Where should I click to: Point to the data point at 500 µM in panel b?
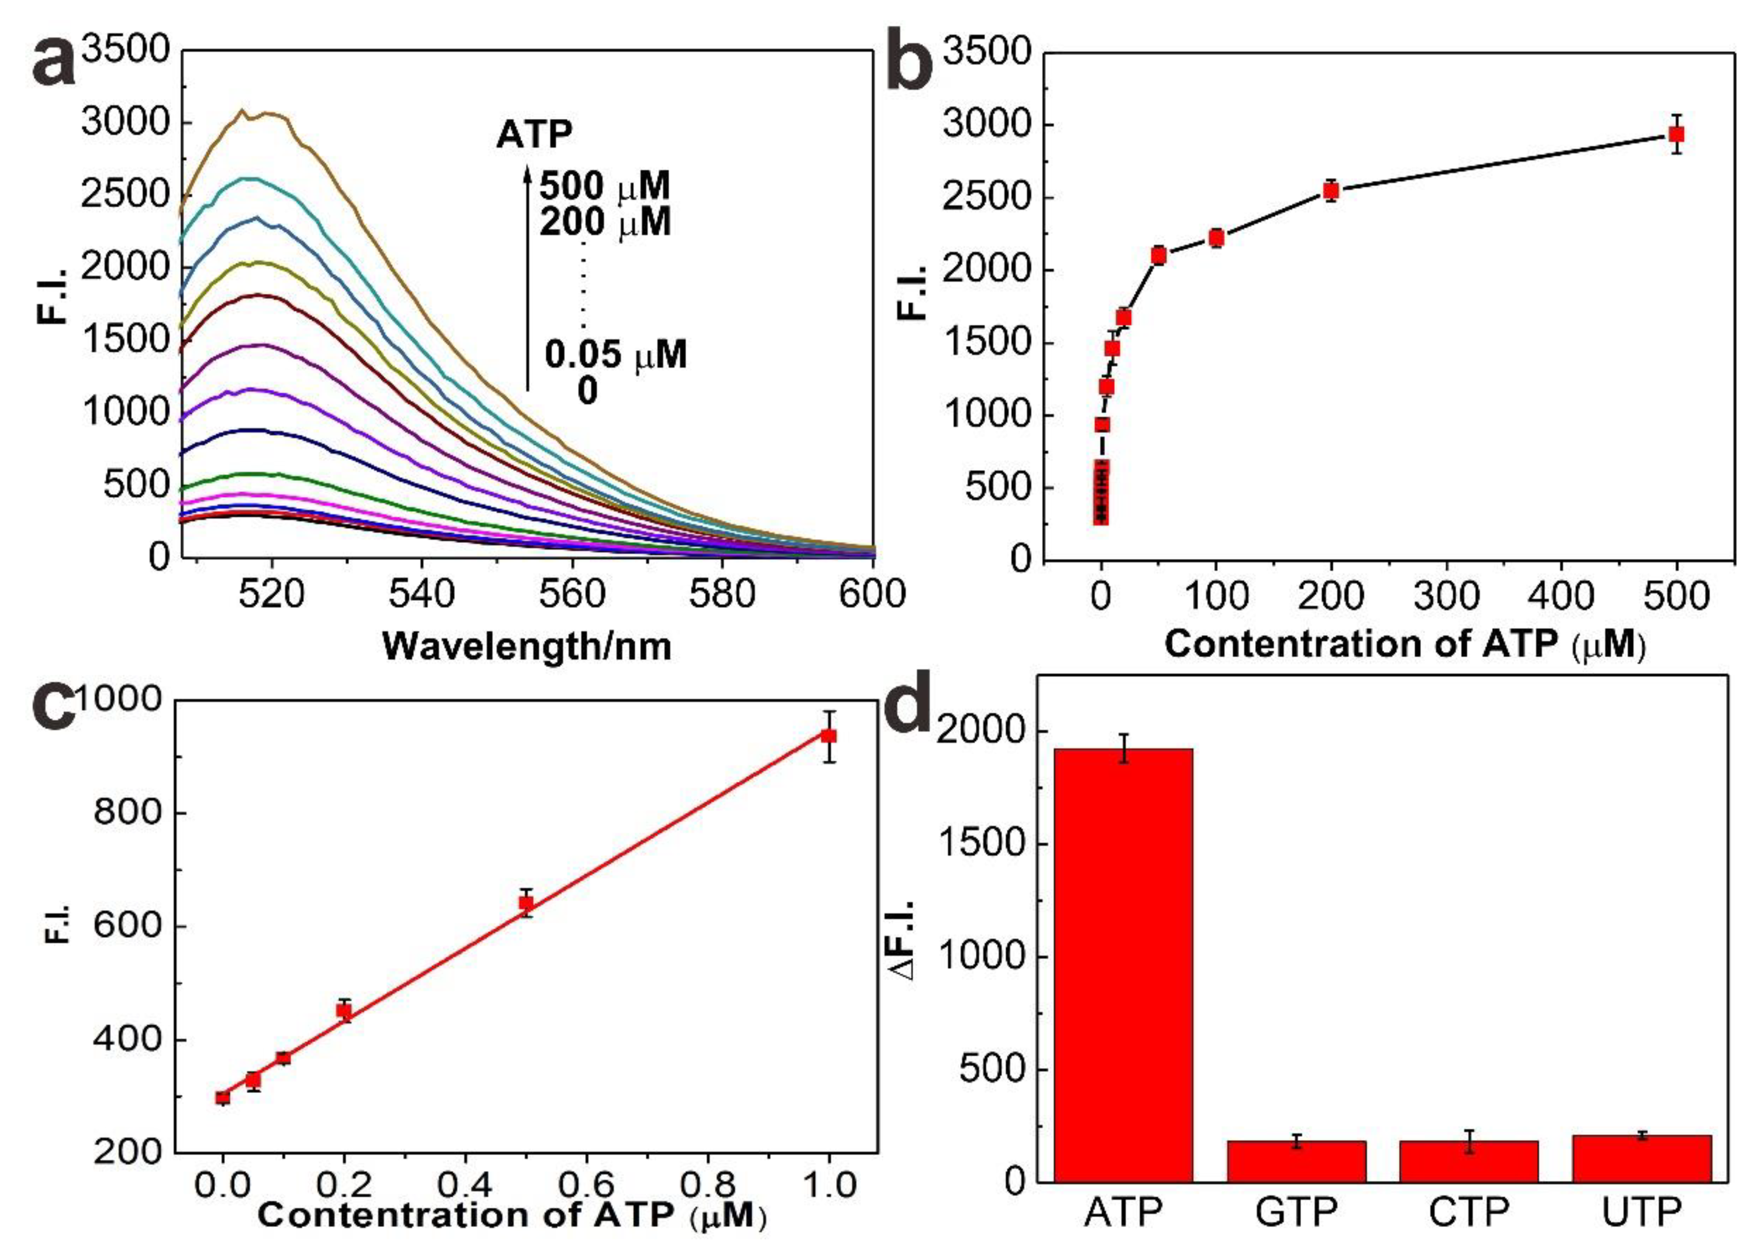[1676, 135]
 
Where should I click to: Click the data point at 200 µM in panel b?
[1331, 191]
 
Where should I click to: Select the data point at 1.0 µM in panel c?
[828, 736]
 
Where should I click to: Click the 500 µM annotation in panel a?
[605, 186]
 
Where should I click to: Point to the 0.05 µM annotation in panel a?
[615, 355]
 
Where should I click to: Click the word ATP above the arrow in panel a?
[534, 135]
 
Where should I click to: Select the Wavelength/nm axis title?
[527, 646]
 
